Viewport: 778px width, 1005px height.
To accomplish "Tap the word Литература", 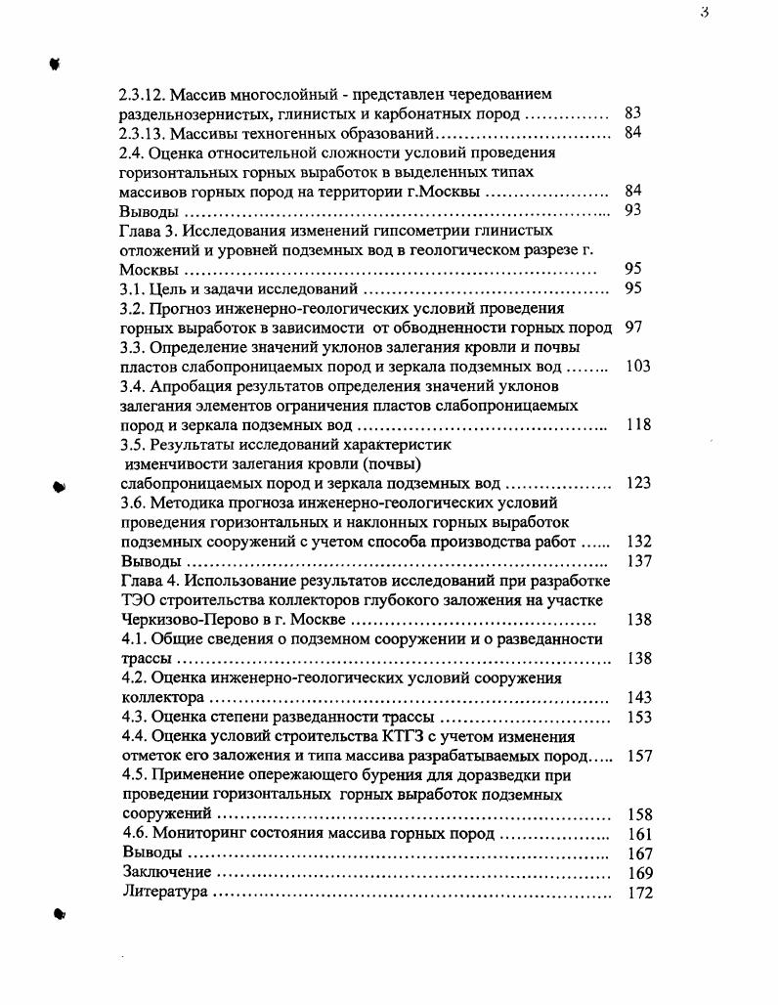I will point(165,892).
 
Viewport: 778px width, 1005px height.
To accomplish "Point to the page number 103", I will point(637,367).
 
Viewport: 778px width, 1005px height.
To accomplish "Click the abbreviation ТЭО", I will point(137,599).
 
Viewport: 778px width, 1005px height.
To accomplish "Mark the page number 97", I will point(633,328).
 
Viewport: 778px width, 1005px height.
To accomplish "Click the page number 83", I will point(632,114).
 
